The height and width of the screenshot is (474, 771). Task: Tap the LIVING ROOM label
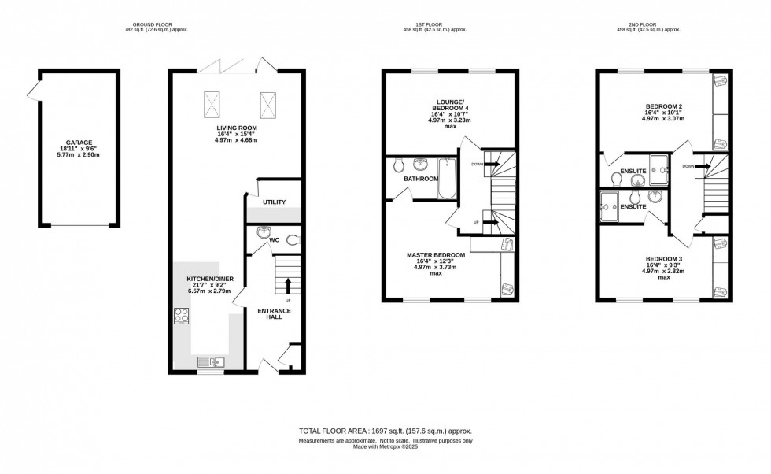tap(237, 128)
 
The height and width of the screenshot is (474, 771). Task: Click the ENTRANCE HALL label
tap(275, 314)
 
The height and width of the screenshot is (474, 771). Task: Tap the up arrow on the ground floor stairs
tap(288, 285)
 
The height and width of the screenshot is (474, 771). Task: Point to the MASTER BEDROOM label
tap(435, 255)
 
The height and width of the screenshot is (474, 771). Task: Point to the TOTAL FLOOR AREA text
tap(385, 431)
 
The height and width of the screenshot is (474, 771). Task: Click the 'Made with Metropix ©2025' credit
tap(385, 446)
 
